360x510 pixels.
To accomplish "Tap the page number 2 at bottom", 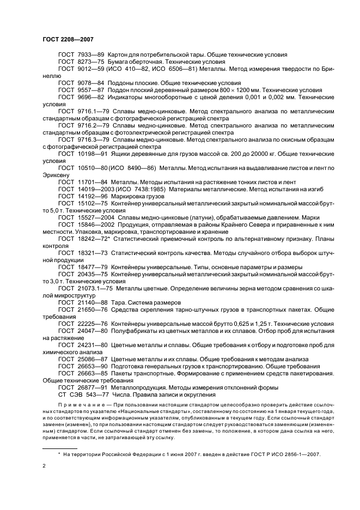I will pyautogui.click(x=44, y=466).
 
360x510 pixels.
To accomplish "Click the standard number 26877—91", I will pyautogui.click(x=91, y=387).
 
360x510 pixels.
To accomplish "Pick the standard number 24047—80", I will pyautogui.click(x=91, y=331).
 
